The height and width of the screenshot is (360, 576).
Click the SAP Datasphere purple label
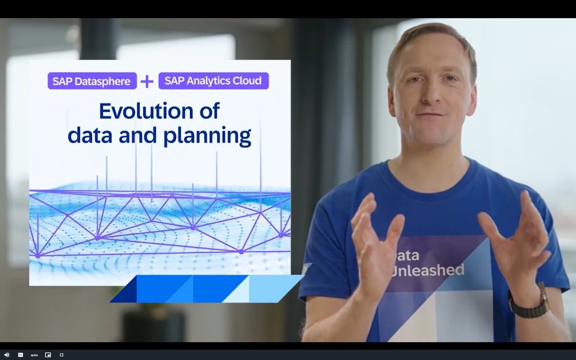(x=92, y=81)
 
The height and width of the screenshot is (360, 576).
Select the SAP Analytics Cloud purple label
(x=214, y=81)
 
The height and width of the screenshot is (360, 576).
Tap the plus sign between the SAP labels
(x=147, y=81)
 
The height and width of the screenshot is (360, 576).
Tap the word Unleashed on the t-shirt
(x=428, y=270)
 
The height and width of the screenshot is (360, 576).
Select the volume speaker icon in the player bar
(x=7, y=355)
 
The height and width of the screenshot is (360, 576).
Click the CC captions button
(x=21, y=355)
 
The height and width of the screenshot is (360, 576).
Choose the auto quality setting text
(x=34, y=355)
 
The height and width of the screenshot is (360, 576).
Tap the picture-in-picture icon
(x=48, y=355)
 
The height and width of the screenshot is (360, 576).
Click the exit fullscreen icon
(x=61, y=355)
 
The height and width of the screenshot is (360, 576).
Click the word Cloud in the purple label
(x=249, y=81)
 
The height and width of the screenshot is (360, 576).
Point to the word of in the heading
(x=207, y=111)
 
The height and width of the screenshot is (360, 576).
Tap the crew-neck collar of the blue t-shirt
(x=432, y=175)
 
